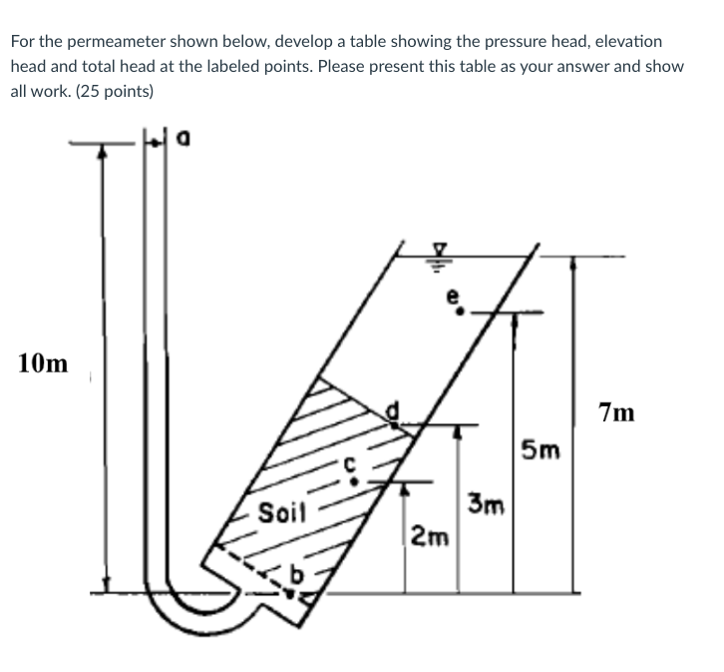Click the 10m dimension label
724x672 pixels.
[x=43, y=363]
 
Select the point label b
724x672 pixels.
[x=294, y=576]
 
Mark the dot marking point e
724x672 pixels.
[x=460, y=311]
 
